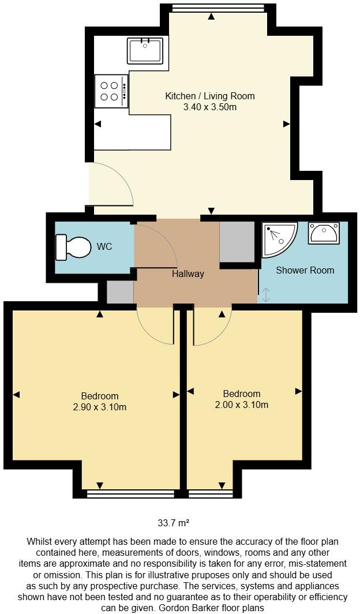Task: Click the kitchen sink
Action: click(x=145, y=50)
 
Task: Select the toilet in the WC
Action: click(x=74, y=248)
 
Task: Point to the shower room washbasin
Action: click(x=324, y=234)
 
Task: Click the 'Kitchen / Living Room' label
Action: click(x=210, y=96)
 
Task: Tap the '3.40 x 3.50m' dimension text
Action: click(x=210, y=107)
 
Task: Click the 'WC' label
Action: click(x=104, y=247)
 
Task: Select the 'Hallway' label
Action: click(x=188, y=274)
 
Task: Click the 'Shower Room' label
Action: click(x=305, y=270)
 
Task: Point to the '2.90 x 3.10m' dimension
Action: click(x=100, y=407)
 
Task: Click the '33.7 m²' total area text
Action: click(x=174, y=523)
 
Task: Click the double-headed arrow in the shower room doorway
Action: click(x=265, y=295)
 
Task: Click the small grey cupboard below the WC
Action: click(x=120, y=291)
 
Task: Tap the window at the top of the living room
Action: click(x=219, y=8)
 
